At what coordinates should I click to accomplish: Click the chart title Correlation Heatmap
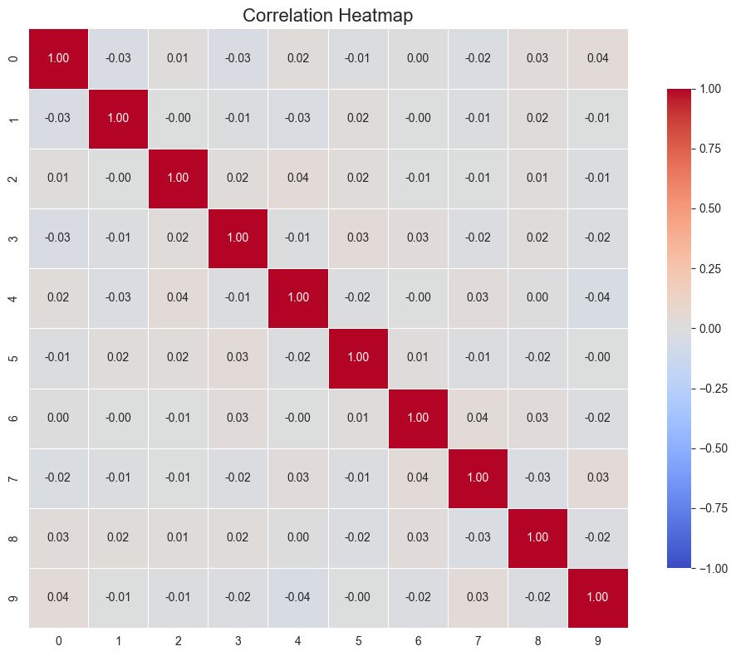coord(328,15)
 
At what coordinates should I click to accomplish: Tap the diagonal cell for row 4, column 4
coord(298,298)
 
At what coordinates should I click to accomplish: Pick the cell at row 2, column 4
coord(298,179)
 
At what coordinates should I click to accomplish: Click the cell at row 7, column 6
coord(418,477)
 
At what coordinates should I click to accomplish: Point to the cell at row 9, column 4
coord(298,597)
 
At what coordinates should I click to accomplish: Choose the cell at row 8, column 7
coord(478,537)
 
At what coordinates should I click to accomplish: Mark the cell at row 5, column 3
coord(238,358)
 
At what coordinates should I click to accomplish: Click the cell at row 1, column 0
coord(59,119)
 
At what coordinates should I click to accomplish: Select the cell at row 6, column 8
coord(537,418)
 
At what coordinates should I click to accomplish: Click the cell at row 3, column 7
coord(478,238)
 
